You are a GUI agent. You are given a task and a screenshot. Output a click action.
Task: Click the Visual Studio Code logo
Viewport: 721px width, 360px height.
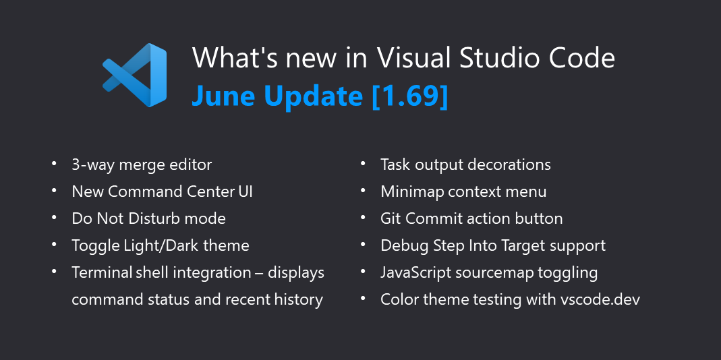(134, 75)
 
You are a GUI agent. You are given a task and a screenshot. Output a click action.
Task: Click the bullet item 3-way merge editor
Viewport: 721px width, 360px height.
(142, 164)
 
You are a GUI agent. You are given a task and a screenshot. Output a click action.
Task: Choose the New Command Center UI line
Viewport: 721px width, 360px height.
(162, 191)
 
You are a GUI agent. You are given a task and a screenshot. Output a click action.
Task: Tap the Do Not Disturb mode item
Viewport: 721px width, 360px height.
(148, 218)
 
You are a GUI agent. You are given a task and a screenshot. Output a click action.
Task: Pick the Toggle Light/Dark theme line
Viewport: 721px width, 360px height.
(161, 245)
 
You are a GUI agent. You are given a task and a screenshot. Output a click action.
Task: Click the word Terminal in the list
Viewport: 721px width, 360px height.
(103, 272)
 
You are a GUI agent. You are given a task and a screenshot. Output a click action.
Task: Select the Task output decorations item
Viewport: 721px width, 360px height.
(465, 164)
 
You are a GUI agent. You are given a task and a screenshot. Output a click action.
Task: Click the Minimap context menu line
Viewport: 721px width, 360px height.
(463, 191)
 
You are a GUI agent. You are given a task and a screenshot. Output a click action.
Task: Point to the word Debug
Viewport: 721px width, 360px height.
(400, 245)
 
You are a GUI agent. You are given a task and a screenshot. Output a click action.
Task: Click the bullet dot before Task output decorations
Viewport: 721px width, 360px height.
(364, 163)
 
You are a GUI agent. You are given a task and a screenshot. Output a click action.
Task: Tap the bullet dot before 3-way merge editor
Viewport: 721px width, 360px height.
(55, 163)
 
